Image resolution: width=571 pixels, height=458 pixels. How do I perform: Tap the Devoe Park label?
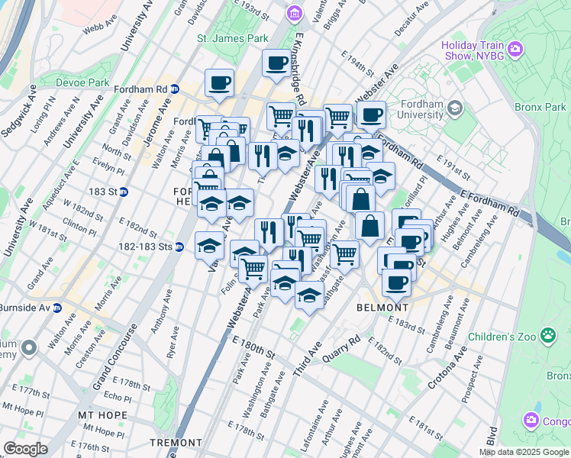pyautogui.click(x=84, y=82)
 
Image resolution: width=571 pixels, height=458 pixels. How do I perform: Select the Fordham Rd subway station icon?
pyautogui.click(x=175, y=89)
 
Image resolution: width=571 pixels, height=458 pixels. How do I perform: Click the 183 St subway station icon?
pyautogui.click(x=123, y=191)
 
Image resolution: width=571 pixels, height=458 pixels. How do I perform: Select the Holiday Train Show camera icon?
pyautogui.click(x=516, y=50)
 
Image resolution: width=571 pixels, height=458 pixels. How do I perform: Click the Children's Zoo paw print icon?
pyautogui.click(x=547, y=334)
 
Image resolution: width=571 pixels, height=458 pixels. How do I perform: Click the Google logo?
pyautogui.click(x=25, y=448)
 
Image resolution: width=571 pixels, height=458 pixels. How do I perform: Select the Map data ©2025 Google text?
pyautogui.click(x=523, y=452)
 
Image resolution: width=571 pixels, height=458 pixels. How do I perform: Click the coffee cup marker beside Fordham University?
pyautogui.click(x=371, y=115)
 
